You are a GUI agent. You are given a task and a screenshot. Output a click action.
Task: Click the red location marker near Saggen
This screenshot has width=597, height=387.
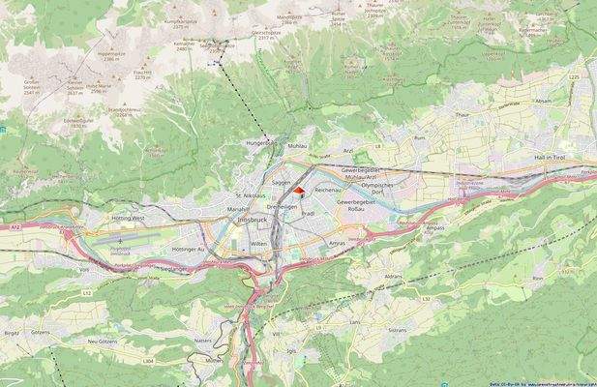298,192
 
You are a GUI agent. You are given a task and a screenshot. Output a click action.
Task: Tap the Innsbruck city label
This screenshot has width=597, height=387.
255,222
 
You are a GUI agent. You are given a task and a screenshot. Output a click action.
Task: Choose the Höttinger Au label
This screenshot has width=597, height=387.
189,249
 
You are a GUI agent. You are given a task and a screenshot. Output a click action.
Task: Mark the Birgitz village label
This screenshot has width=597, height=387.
13,331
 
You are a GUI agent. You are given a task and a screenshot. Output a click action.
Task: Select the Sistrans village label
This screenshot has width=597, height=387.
397,330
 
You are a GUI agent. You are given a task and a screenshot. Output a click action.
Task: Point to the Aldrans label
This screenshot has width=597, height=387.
393,277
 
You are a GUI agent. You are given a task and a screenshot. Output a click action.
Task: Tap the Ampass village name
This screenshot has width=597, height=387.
434,228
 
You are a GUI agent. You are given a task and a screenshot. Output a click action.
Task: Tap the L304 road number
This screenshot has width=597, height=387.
147,360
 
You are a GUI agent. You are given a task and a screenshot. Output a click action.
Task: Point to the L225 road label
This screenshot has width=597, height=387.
575,76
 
